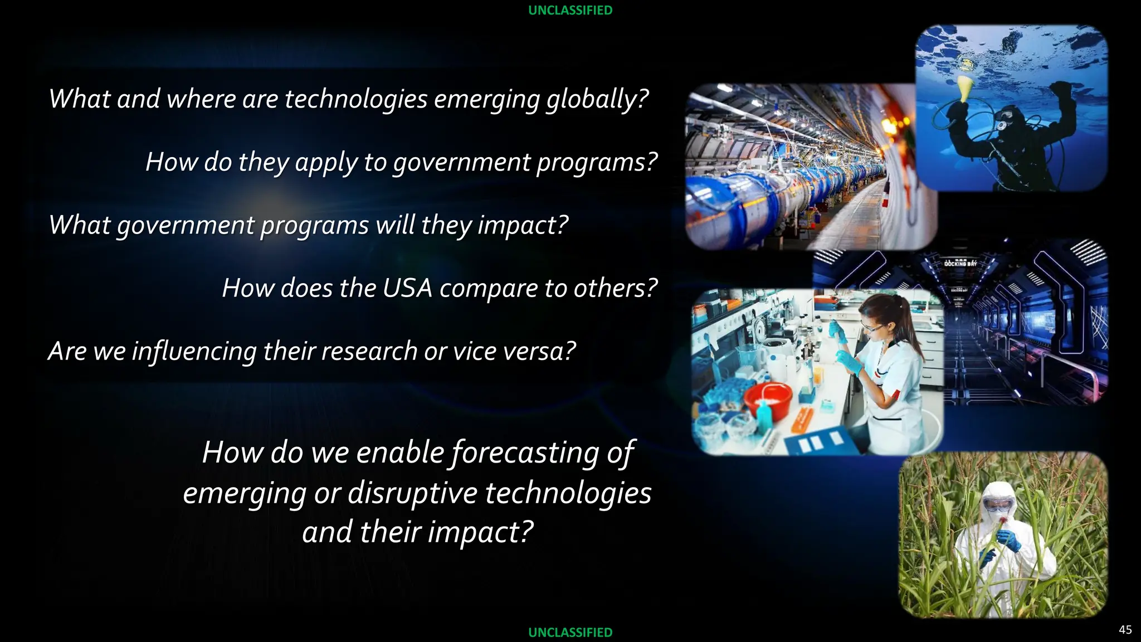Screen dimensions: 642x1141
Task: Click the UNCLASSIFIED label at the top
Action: pyautogui.click(x=570, y=11)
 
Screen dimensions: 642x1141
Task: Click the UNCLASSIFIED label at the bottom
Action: pyautogui.click(x=570, y=632)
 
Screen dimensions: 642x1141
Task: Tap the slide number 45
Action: pyautogui.click(x=1125, y=630)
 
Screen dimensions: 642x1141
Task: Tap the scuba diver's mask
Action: pyautogui.click(x=1003, y=119)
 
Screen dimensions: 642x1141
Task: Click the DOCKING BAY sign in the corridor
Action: pyautogui.click(x=960, y=263)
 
